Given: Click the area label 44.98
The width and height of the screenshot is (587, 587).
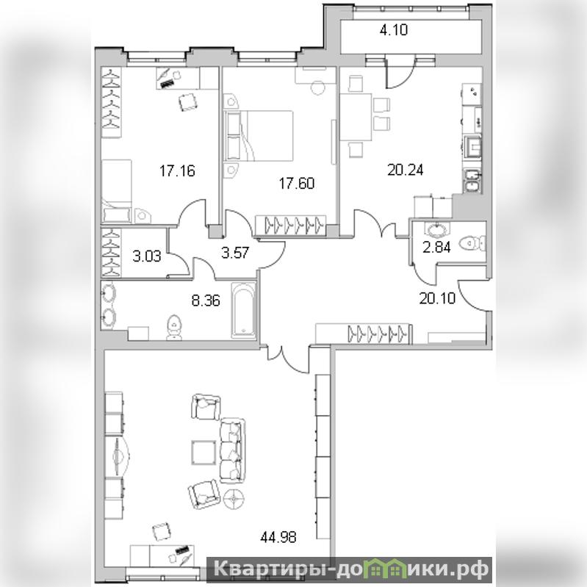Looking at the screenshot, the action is [278, 537].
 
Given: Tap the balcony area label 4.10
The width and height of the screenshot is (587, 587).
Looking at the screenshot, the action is [394, 29].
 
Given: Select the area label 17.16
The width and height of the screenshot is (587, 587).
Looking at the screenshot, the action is [178, 170].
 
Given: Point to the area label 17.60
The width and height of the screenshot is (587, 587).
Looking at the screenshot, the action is [297, 183].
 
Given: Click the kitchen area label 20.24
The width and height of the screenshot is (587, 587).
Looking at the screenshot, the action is [406, 170].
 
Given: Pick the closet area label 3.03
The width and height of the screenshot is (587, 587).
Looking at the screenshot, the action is [147, 256].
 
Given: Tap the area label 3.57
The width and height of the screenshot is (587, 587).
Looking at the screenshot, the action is [234, 252].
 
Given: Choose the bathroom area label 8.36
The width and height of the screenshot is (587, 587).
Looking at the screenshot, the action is [206, 300].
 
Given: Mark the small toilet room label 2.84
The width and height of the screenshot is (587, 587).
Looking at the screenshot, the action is [436, 247].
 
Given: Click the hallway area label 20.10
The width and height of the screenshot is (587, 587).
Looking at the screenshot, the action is [437, 298].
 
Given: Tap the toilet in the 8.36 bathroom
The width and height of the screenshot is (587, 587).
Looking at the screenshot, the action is [173, 328].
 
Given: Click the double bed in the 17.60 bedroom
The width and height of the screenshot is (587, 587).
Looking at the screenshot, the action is [259, 135].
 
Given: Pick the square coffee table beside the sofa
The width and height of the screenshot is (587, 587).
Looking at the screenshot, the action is [204, 453].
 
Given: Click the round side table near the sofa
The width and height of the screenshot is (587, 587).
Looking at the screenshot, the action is [234, 499].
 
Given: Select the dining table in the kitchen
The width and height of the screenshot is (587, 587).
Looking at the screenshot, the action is [356, 117].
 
